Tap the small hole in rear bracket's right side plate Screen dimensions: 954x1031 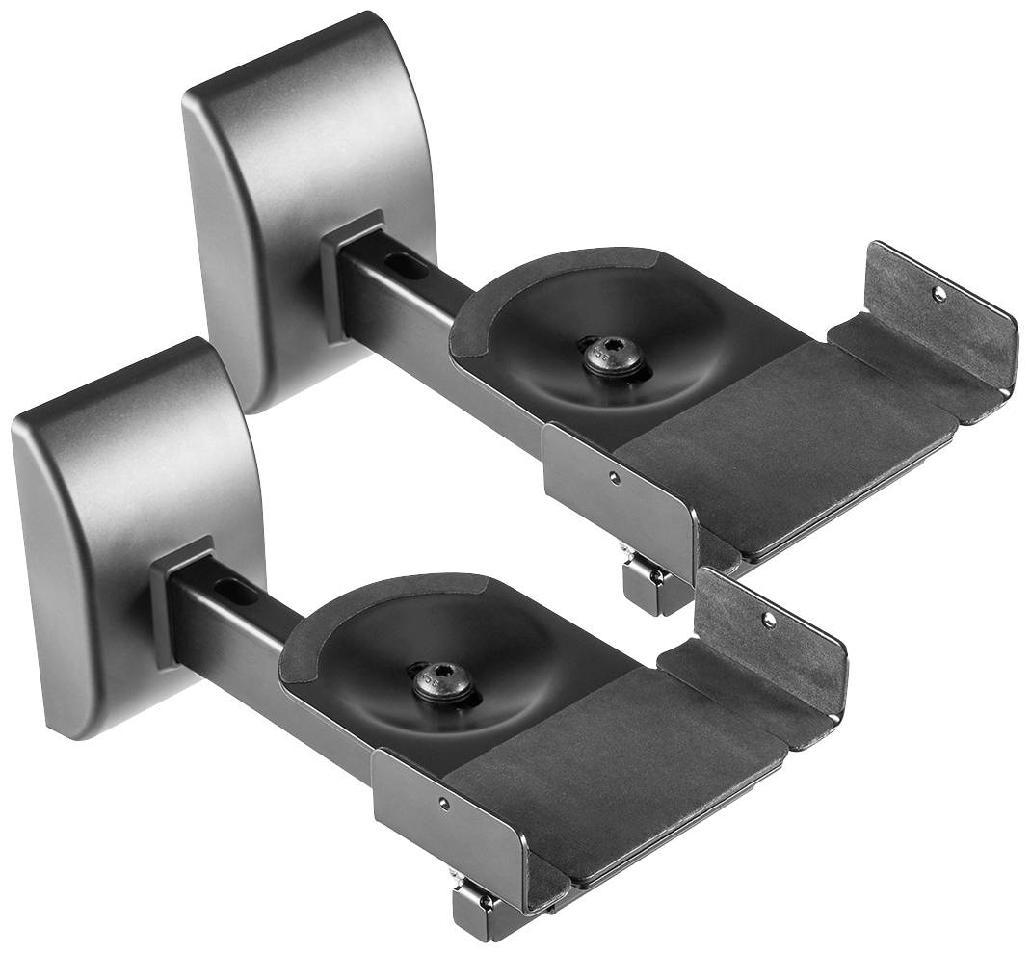[938, 294]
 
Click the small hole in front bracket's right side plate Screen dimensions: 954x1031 [769, 620]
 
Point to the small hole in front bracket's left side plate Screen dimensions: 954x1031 [443, 803]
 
